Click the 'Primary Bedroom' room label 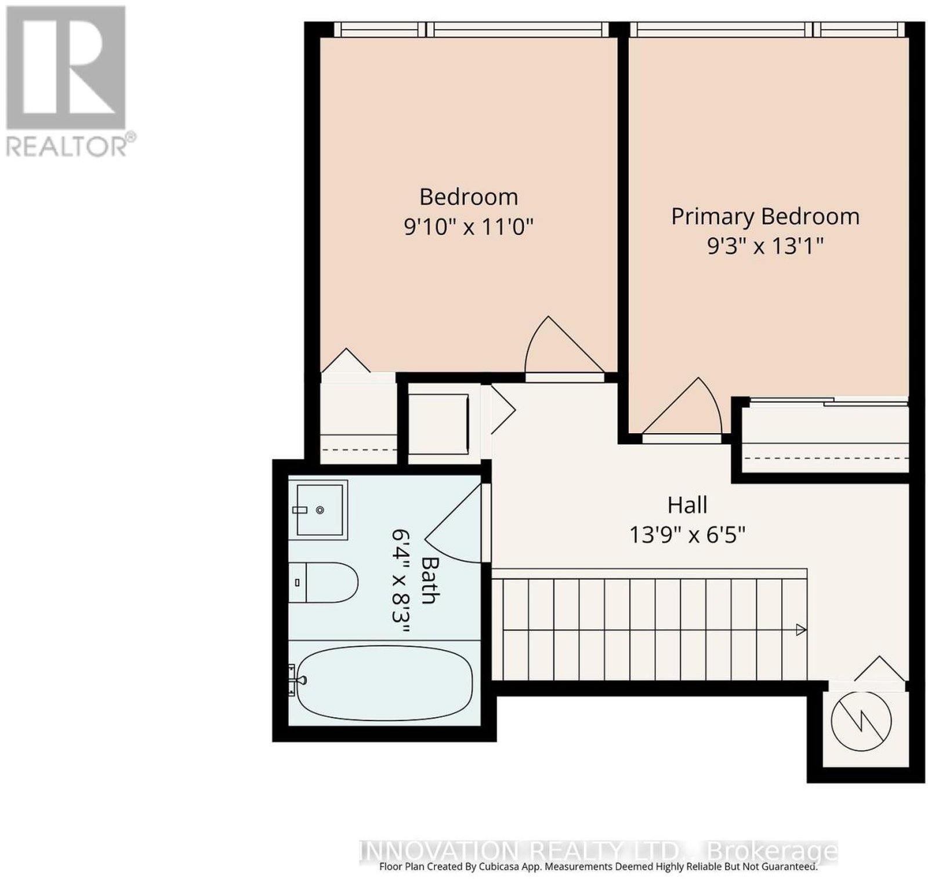[x=765, y=217]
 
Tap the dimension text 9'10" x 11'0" [x=468, y=227]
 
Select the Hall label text [x=687, y=505]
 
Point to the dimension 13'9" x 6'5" [x=687, y=534]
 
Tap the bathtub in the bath [x=383, y=684]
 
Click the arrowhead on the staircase [x=801, y=630]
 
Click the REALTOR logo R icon [x=66, y=67]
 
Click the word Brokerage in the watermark [x=773, y=851]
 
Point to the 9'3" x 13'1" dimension [x=765, y=246]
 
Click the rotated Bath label [x=430, y=580]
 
